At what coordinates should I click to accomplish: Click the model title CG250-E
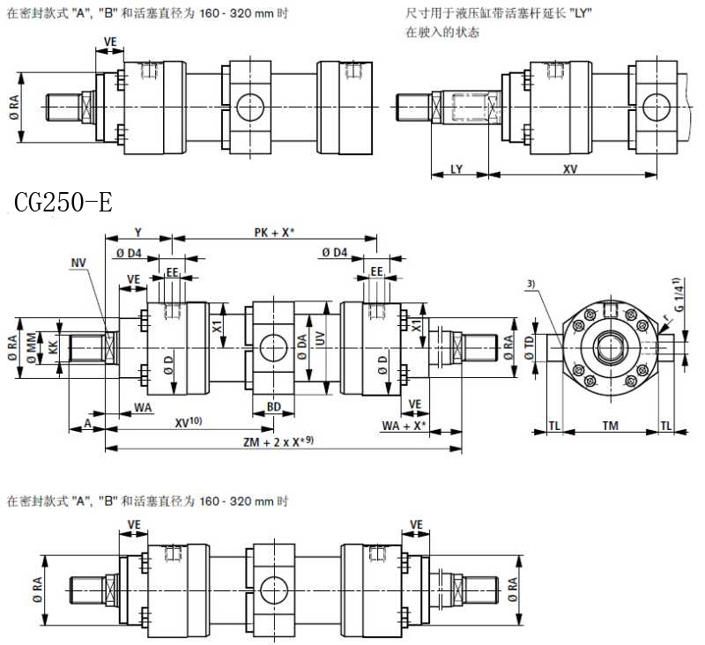(63, 204)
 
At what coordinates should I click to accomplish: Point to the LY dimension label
(456, 168)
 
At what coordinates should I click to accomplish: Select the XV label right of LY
(570, 168)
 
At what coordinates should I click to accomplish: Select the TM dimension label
(610, 426)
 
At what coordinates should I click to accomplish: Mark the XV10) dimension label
(189, 423)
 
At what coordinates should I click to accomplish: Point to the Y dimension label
(138, 232)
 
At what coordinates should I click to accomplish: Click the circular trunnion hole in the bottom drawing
(273, 586)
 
